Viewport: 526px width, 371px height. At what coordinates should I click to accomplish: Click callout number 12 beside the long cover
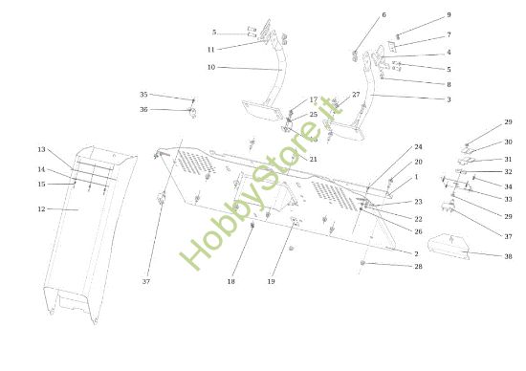41,208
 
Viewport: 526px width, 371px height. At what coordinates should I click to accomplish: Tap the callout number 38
508,255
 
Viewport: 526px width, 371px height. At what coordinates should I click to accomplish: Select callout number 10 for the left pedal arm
210,67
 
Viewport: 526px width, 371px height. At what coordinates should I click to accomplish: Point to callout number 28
418,266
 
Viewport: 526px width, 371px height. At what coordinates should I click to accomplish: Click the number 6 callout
384,15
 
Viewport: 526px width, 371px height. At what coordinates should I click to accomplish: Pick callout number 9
448,15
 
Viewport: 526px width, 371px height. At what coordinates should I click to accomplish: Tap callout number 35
143,95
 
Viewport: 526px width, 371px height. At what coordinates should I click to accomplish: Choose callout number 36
143,109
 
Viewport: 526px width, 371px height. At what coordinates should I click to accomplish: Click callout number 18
231,281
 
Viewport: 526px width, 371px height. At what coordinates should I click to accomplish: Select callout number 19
271,281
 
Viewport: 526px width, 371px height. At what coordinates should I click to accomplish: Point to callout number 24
418,147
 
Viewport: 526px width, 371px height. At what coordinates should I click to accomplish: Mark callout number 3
448,99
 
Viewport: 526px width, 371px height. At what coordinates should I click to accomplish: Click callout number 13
41,150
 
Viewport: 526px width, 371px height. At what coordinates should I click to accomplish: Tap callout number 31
508,159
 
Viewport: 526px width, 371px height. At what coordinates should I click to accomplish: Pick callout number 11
210,50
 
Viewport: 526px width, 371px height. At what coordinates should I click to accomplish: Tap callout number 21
313,159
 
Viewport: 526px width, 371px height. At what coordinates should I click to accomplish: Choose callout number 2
416,253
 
